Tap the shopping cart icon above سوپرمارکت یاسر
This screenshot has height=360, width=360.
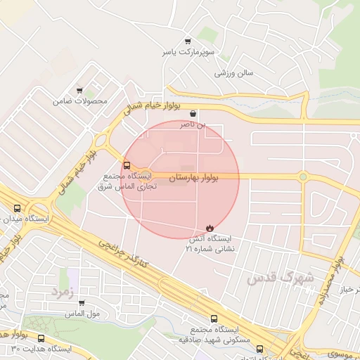point(187,41)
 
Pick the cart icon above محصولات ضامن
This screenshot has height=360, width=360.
point(79,90)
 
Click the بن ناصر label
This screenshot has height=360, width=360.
point(193,124)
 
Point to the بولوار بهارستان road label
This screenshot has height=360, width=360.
point(194,178)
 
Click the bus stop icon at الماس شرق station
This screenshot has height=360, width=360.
point(127,166)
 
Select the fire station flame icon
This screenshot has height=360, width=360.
point(210,226)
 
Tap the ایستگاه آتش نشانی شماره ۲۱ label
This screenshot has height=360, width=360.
point(210,243)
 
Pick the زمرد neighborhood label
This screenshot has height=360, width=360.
point(60,290)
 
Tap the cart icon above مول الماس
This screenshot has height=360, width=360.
point(82,303)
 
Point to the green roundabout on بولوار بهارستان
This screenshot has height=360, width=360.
point(303,176)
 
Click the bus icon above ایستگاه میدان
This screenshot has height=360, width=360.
point(18,208)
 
